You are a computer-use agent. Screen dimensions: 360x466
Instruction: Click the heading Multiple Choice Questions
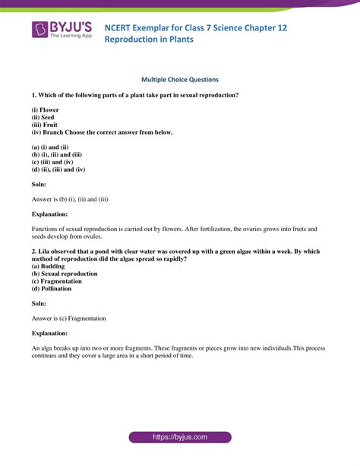[x=180, y=79]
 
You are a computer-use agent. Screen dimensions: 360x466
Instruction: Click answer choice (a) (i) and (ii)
[x=52, y=147]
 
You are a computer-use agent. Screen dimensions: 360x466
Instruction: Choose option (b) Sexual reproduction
[x=65, y=274]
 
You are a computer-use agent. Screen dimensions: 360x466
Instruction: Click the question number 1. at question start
[x=34, y=95]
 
